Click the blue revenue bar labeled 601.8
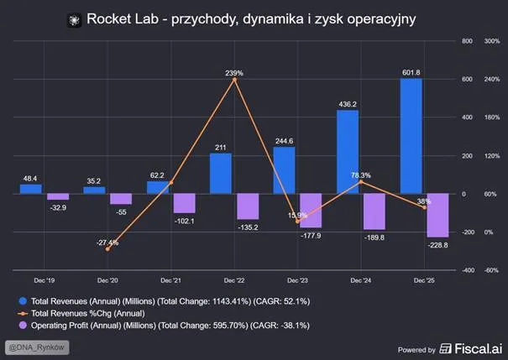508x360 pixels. pyautogui.click(x=411, y=136)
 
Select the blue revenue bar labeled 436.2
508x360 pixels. pyautogui.click(x=348, y=152)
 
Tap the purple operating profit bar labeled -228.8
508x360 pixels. pyautogui.click(x=437, y=216)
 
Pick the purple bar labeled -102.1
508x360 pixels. pyautogui.click(x=185, y=203)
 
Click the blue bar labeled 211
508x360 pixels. pyautogui.click(x=221, y=174)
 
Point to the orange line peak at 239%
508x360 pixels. pyautogui.click(x=234, y=80)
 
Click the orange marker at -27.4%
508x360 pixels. pyautogui.click(x=107, y=249)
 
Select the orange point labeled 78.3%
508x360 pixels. pyautogui.click(x=361, y=182)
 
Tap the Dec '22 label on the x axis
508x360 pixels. pyautogui.click(x=234, y=280)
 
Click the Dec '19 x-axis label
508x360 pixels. pyautogui.click(x=45, y=280)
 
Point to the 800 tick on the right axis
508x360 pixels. pyautogui.click(x=467, y=41)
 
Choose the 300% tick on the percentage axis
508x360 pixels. pyautogui.click(x=492, y=41)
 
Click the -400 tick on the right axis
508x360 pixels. pyautogui.click(x=468, y=270)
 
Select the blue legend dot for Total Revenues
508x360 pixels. pyautogui.click(x=23, y=301)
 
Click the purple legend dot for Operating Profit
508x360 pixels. pyautogui.click(x=23, y=325)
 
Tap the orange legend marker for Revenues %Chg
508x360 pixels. pyautogui.click(x=23, y=313)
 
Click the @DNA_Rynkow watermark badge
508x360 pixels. pyautogui.click(x=37, y=347)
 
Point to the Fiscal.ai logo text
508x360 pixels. pyautogui.click(x=479, y=348)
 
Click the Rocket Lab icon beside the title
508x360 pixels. pyautogui.click(x=74, y=20)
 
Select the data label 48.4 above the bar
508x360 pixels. pyautogui.click(x=30, y=179)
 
